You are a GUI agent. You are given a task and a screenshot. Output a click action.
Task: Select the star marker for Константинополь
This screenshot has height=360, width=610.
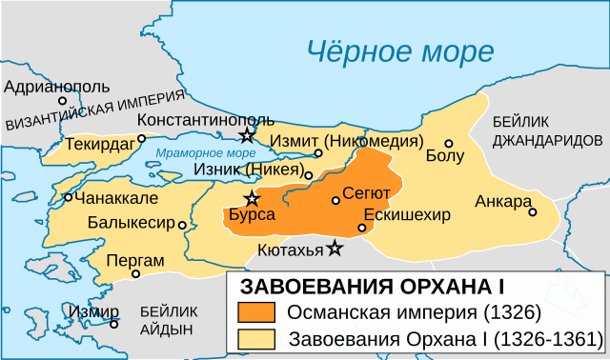(248, 134)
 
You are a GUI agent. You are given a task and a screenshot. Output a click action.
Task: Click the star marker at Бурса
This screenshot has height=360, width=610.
(252, 198)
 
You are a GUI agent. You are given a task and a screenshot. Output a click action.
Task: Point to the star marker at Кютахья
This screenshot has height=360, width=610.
(335, 249)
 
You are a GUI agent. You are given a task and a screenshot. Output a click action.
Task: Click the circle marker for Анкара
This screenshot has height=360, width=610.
(533, 212)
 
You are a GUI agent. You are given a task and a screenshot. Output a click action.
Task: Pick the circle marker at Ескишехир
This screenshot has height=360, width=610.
(362, 228)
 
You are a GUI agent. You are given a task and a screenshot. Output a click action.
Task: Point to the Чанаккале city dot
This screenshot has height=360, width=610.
(68, 198)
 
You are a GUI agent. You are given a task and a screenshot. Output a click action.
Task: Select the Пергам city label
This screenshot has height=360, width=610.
(136, 259)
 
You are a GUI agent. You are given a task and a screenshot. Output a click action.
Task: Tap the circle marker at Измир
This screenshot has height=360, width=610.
(114, 323)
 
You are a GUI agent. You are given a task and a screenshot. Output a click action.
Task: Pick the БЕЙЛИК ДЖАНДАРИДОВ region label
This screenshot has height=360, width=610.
(547, 130)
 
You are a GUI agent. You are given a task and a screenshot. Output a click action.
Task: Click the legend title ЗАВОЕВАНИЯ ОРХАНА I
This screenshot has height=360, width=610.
(371, 288)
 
